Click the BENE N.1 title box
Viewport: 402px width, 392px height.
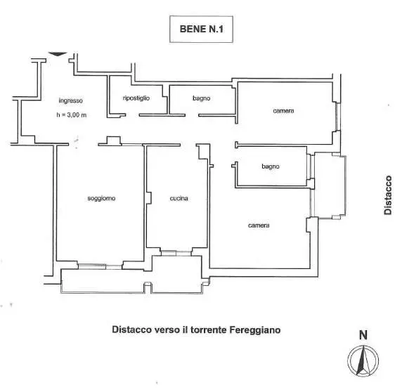(201, 30)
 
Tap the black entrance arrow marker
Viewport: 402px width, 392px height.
(58, 54)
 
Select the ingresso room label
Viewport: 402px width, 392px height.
(71, 100)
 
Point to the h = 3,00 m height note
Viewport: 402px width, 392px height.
(72, 115)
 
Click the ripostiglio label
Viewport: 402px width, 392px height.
(136, 98)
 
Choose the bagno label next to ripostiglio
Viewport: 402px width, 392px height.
(202, 98)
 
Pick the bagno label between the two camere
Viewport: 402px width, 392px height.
(271, 166)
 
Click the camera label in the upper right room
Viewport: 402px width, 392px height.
(283, 111)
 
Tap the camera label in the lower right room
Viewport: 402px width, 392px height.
(259, 226)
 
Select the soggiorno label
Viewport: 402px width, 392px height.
(101, 198)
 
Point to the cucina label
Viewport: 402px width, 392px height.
(179, 198)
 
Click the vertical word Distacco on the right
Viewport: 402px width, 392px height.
(388, 195)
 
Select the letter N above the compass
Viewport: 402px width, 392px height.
(363, 335)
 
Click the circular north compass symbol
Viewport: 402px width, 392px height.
(363, 361)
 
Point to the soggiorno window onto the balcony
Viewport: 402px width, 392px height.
(100, 266)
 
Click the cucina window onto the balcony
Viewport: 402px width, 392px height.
(176, 253)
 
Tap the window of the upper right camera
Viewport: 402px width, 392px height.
(338, 117)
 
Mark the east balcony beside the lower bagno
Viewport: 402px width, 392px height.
(330, 185)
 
